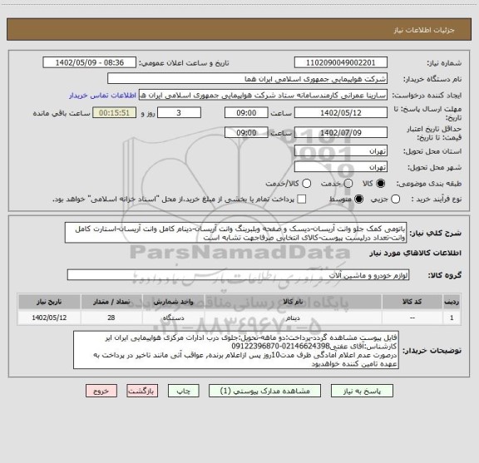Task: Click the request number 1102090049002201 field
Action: click(x=340, y=63)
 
